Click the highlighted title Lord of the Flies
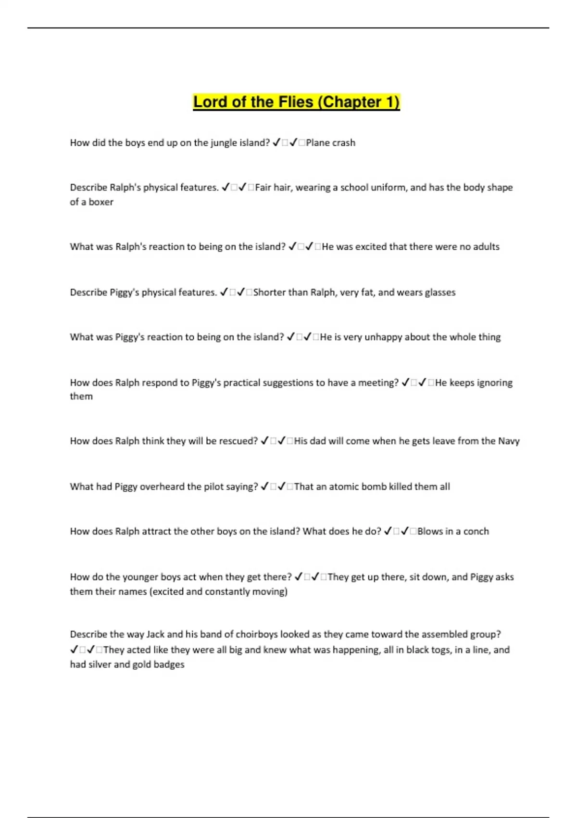[x=296, y=102]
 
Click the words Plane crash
[x=330, y=143]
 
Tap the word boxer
[x=101, y=202]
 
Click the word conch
[x=476, y=532]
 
